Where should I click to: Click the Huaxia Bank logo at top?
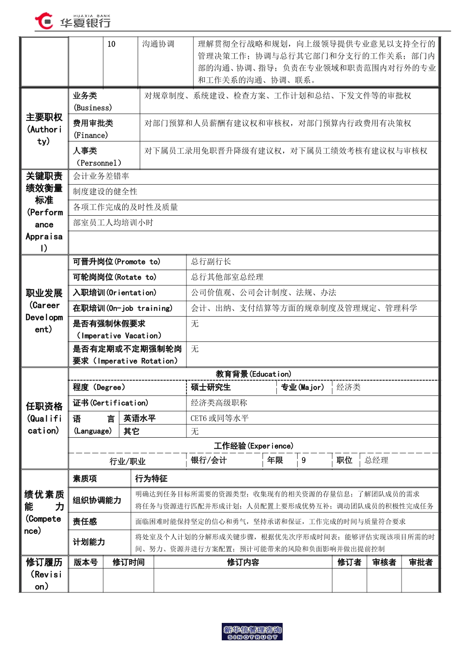click(x=72, y=21)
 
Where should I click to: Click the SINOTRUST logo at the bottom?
click(x=252, y=632)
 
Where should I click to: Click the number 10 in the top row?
click(x=112, y=44)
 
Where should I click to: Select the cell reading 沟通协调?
click(x=158, y=44)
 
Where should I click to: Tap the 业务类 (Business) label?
click(x=92, y=102)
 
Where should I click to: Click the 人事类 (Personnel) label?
click(x=97, y=157)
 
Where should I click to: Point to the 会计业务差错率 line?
click(x=101, y=176)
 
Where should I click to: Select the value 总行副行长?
click(x=211, y=262)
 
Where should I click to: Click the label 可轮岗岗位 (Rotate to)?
click(x=115, y=277)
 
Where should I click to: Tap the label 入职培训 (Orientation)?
click(x=115, y=293)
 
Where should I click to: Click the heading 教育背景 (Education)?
click(x=254, y=374)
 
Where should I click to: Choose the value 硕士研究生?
click(x=211, y=387)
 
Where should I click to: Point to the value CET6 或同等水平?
click(x=219, y=418)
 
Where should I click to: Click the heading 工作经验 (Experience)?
click(x=254, y=445)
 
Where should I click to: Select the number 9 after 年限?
click(x=303, y=460)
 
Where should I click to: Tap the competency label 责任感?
click(x=85, y=521)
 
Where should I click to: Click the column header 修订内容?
click(x=243, y=562)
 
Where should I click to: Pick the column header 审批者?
click(x=420, y=562)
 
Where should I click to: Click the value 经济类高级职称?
click(x=219, y=403)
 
